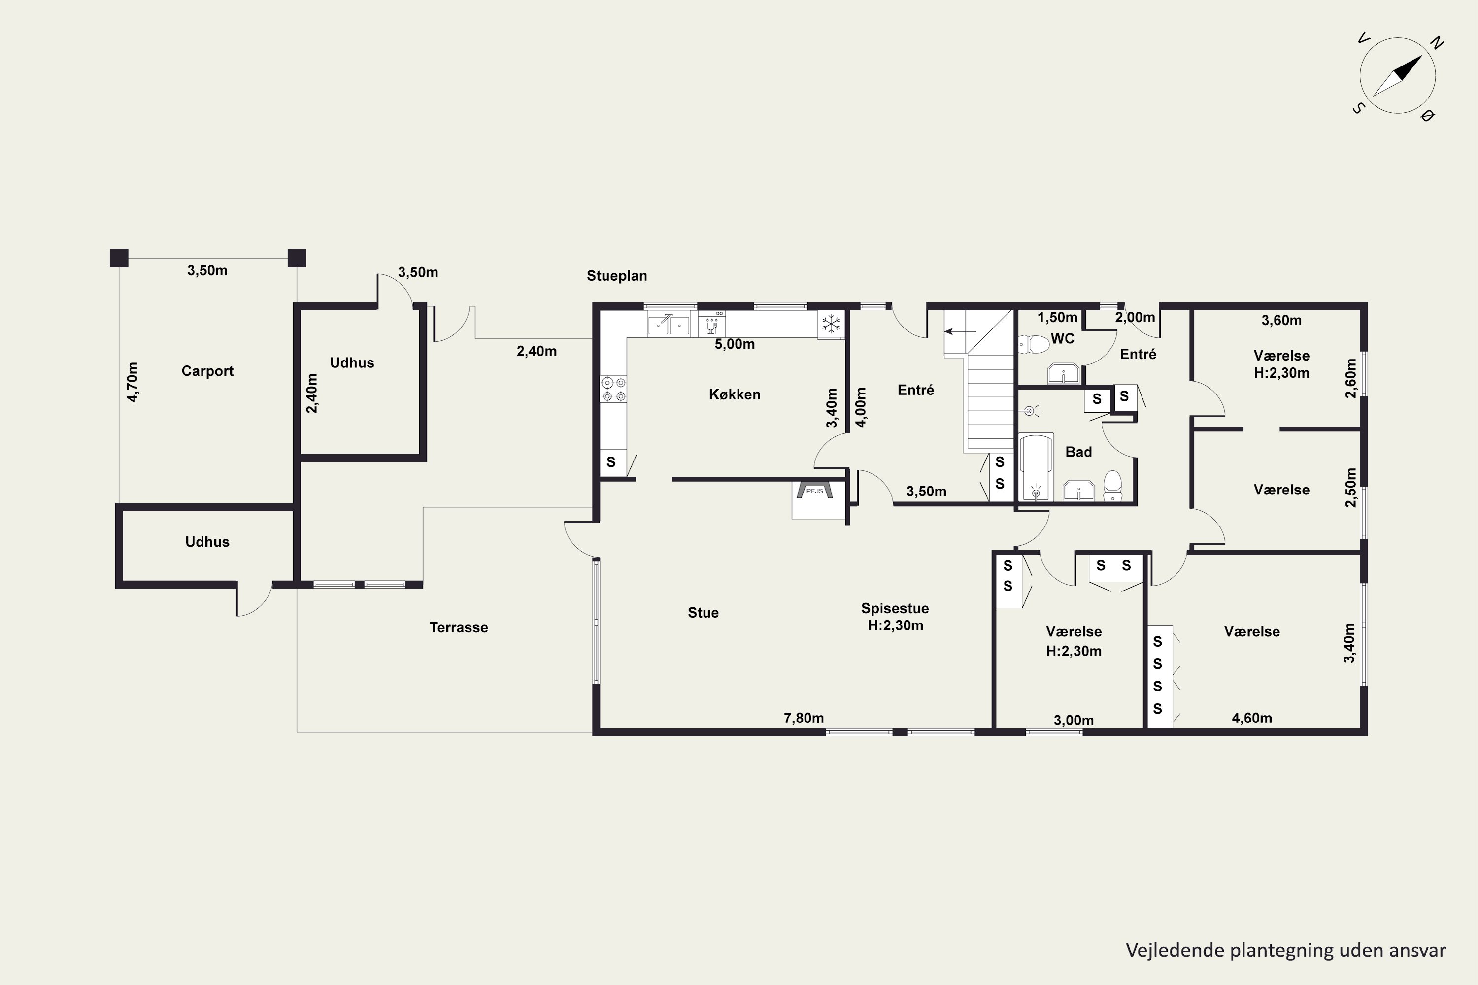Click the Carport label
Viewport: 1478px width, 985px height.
tap(207, 371)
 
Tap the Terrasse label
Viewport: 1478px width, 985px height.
tap(459, 627)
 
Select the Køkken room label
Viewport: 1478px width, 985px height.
tap(735, 394)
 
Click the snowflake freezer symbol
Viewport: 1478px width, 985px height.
tap(831, 324)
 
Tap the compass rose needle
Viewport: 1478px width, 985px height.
tap(1398, 75)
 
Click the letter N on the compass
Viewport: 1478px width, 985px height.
tap(1437, 43)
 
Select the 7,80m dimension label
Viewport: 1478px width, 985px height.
tap(804, 718)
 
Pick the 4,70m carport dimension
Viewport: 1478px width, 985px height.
tap(133, 382)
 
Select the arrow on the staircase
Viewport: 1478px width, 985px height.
tap(960, 331)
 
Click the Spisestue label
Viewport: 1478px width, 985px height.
tap(895, 608)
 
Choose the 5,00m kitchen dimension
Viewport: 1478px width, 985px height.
tap(735, 344)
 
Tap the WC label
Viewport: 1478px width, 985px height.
tap(1063, 339)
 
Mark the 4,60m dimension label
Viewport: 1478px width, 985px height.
tap(1252, 718)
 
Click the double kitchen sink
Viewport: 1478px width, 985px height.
tap(669, 325)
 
